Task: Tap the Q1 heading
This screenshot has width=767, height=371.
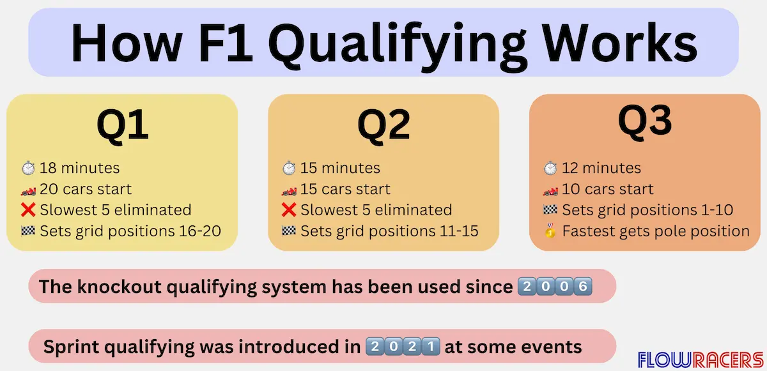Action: [x=123, y=125]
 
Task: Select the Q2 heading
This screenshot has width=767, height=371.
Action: [x=383, y=125]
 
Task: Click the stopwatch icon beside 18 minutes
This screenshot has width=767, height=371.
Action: [x=28, y=168]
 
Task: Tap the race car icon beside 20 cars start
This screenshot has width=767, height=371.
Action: [x=28, y=190]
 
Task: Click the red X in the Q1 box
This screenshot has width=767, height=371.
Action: [x=28, y=210]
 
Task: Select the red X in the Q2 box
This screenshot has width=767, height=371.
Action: [x=289, y=210]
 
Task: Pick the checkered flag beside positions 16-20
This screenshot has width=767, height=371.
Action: [x=28, y=231]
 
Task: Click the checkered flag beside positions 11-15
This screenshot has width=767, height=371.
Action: [x=289, y=231]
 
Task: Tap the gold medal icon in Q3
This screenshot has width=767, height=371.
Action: [x=550, y=231]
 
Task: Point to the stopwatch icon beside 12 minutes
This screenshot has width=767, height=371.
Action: [x=550, y=168]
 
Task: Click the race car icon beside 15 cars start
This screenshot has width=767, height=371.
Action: [x=289, y=190]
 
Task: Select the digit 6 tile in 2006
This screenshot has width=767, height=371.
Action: [x=583, y=286]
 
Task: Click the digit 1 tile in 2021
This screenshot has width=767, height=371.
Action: [x=431, y=346]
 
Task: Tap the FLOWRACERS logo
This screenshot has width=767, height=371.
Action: [x=701, y=360]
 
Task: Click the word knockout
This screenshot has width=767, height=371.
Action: [x=119, y=287]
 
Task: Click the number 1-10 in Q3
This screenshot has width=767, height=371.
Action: [x=717, y=210]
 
